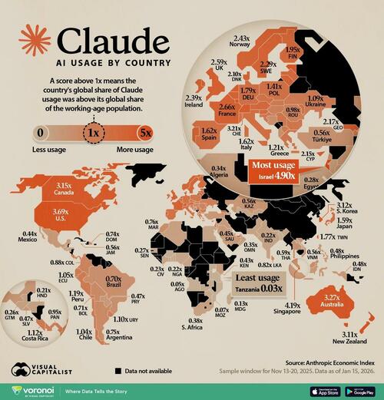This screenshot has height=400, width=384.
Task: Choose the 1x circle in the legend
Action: [94, 133]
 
